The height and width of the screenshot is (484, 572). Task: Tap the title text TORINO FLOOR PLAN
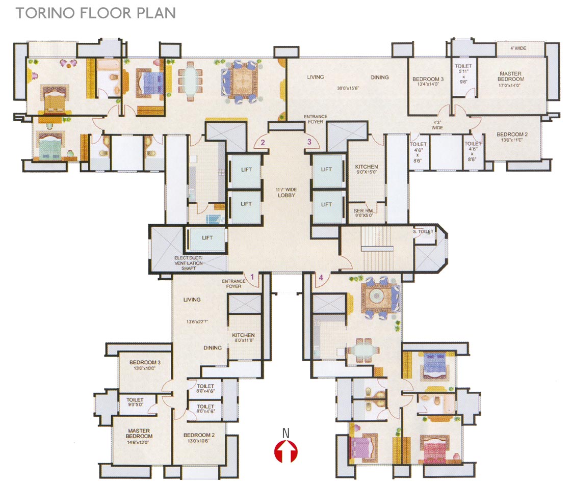(x=96, y=13)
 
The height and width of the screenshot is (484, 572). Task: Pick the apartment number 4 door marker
(x=321, y=278)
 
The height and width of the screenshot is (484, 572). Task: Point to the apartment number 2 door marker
(x=263, y=143)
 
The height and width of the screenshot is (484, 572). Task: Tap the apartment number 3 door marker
(x=308, y=142)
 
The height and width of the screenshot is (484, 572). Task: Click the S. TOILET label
(x=423, y=231)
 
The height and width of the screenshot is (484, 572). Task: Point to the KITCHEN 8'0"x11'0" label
(x=243, y=338)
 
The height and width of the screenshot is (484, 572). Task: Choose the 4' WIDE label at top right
(x=518, y=48)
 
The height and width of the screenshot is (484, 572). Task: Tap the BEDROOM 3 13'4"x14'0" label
(x=428, y=82)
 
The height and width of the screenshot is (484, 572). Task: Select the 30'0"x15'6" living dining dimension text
(x=348, y=88)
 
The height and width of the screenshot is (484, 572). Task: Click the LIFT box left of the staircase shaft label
(x=207, y=238)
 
